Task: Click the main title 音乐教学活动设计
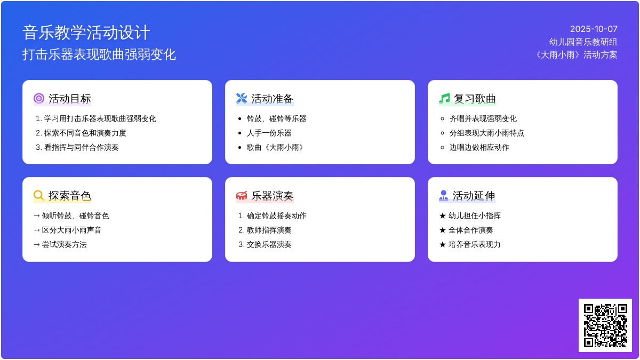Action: (86, 33)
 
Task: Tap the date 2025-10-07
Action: (594, 29)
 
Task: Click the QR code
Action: (605, 325)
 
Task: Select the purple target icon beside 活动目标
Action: (39, 98)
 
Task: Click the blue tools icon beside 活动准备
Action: (242, 98)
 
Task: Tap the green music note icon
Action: (444, 98)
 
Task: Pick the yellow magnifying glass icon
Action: (38, 195)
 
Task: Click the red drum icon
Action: (242, 196)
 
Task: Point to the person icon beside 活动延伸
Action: (443, 195)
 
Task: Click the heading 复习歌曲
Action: (475, 99)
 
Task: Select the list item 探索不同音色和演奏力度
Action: (85, 133)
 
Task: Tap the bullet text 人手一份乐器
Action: (269, 133)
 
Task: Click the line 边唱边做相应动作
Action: (479, 147)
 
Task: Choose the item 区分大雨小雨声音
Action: (71, 230)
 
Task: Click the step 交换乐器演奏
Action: (269, 245)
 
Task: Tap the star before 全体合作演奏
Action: (443, 230)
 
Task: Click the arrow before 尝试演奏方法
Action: (37, 245)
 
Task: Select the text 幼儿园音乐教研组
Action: (583, 42)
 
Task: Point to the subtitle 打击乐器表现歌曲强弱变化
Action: (99, 54)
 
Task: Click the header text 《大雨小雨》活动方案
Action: (577, 55)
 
